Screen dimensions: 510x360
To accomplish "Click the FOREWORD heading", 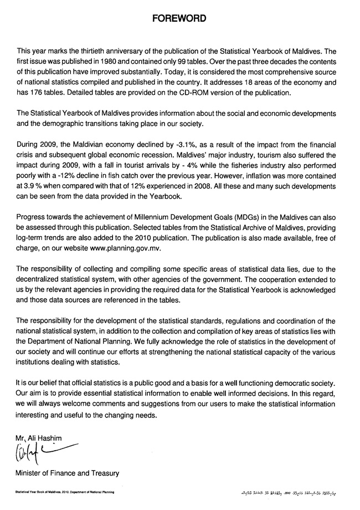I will [179, 18].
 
